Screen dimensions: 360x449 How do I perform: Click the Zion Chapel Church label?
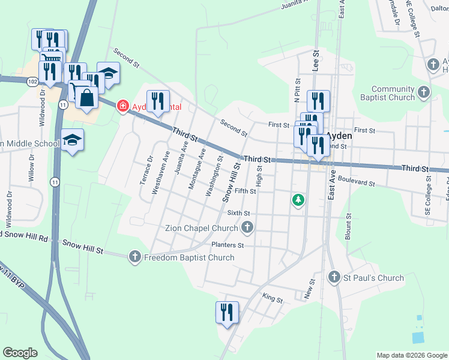201,228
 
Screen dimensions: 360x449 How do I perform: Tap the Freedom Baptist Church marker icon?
135,257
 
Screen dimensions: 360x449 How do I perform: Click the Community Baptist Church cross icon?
424,92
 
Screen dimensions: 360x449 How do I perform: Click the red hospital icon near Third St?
122,106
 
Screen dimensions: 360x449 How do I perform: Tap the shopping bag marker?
86,98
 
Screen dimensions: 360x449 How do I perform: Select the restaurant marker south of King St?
227,312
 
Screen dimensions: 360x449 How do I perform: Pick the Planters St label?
228,245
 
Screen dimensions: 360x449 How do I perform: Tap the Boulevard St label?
357,181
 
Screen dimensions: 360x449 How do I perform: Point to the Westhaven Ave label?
157,172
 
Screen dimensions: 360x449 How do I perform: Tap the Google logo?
20,353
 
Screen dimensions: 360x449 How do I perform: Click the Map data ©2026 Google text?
411,355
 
